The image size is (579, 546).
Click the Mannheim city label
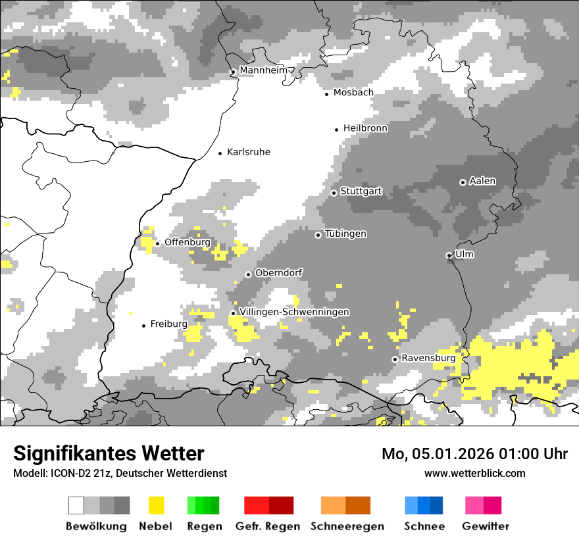tap(264, 70)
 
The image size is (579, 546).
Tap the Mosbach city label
tap(353, 93)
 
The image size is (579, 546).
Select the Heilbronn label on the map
tap(365, 128)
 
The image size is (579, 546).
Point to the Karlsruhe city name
tap(248, 152)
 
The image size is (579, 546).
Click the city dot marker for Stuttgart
tap(334, 193)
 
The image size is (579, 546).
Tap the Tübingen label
tap(345, 234)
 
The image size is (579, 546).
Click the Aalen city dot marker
tap(463, 182)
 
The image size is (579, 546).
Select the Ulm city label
tap(465, 254)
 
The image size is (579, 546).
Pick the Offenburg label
tap(188, 242)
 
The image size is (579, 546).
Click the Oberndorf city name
tap(278, 273)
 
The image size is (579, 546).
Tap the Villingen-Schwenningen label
tap(294, 312)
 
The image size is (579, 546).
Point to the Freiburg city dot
tap(143, 326)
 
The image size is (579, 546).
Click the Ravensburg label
tap(428, 358)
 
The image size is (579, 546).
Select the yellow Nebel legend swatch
tap(156, 505)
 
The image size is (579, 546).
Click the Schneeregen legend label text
tap(347, 526)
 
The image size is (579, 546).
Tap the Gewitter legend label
tap(485, 526)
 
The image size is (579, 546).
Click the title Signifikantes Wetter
tap(109, 453)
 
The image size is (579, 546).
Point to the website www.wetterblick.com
tap(474, 473)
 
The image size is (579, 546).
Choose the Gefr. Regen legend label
tap(267, 526)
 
